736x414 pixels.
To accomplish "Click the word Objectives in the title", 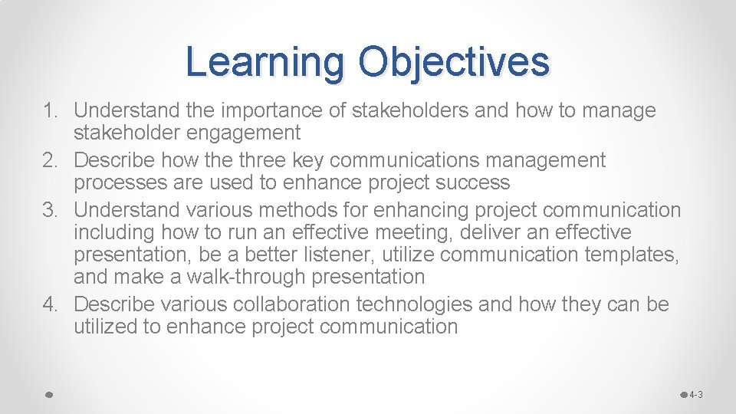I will [454, 62].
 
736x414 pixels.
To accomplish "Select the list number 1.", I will [51, 111].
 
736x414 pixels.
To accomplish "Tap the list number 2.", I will [51, 161].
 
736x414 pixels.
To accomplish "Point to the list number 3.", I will [51, 210].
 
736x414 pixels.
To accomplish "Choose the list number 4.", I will [51, 305].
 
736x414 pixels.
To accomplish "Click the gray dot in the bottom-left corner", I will [48, 395].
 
